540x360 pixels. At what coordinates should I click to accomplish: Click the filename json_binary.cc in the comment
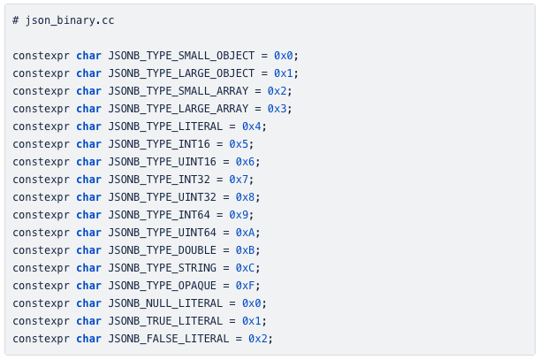point(70,20)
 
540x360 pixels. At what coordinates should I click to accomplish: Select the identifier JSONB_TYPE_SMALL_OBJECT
point(181,56)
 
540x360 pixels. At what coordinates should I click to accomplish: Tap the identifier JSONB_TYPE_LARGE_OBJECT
point(181,73)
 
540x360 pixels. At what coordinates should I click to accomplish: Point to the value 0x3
point(277,109)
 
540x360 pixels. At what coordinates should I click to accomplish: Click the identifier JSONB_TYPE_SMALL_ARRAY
point(178,91)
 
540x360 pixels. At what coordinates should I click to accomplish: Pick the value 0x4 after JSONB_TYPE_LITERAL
point(251,126)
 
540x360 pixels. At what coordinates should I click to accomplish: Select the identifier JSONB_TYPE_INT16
point(159,144)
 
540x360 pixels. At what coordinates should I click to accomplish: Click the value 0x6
point(245,162)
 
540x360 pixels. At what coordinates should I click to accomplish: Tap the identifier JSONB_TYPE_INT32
point(159,180)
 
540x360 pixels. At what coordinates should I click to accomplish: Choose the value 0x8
point(245,197)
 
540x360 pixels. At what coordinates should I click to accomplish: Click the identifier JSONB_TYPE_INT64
point(159,215)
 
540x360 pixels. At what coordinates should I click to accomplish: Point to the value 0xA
point(245,233)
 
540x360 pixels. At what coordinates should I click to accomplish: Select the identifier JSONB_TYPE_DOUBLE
point(163,250)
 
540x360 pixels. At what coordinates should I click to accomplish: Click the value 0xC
point(245,268)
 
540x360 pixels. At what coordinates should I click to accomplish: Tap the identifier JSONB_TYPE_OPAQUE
point(163,286)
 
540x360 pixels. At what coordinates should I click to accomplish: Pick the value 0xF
point(245,286)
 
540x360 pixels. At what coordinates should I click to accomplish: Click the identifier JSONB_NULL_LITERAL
point(165,303)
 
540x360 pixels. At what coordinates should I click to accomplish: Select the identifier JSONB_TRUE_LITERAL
point(165,321)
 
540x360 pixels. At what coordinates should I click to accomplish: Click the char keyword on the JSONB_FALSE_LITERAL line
point(89,339)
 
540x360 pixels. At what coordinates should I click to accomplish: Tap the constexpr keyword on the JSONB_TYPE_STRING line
point(41,268)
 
